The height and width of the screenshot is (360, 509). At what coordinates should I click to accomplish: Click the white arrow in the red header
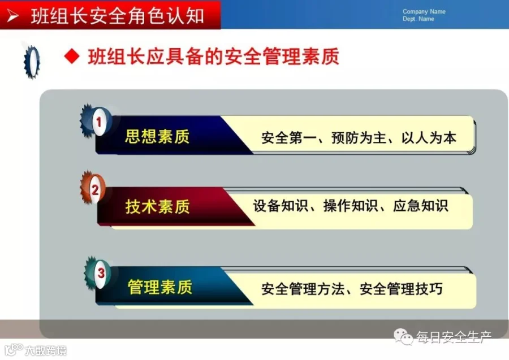click(12, 16)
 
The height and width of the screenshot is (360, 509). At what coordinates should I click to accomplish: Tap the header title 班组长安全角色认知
click(117, 16)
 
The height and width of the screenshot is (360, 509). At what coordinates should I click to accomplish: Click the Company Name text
click(424, 12)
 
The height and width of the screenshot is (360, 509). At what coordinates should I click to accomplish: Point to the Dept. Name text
click(418, 19)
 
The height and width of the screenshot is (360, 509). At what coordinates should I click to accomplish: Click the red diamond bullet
click(72, 57)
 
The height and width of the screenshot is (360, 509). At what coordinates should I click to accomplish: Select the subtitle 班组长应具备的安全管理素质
click(214, 57)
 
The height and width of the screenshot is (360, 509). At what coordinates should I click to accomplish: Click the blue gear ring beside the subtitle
click(32, 62)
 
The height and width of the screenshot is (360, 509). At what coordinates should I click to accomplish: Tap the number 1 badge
click(98, 122)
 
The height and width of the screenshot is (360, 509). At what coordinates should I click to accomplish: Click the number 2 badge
click(95, 190)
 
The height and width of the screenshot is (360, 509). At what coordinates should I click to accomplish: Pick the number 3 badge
click(101, 273)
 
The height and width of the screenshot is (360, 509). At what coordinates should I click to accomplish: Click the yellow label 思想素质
click(157, 136)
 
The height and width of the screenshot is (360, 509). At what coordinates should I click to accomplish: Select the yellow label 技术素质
click(157, 206)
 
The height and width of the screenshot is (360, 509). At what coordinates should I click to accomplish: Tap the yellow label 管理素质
click(160, 287)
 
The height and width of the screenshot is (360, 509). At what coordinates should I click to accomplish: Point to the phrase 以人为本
click(429, 138)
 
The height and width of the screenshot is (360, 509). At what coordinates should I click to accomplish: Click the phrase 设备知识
click(280, 206)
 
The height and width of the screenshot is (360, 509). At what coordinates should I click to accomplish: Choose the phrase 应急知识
click(421, 206)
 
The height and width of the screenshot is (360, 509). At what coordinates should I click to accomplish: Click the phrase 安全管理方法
click(303, 289)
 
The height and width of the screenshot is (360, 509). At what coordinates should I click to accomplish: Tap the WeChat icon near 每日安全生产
click(403, 337)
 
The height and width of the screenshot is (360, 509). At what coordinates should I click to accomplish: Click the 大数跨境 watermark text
click(46, 350)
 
